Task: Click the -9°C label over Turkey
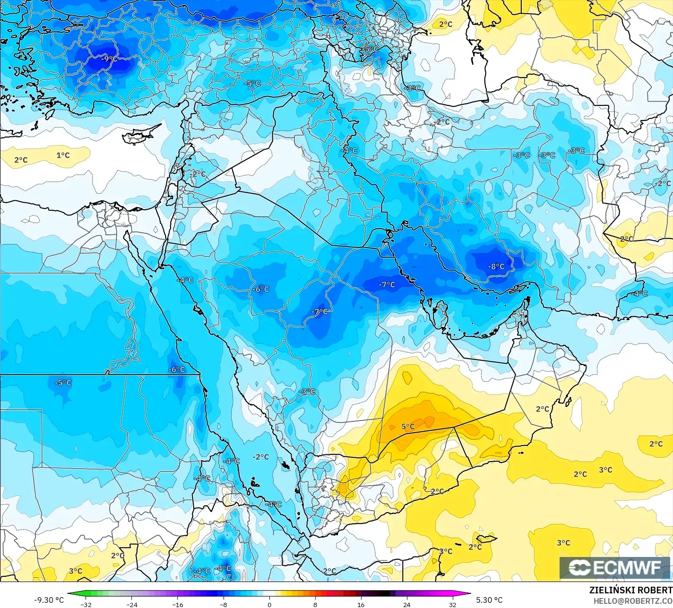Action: coord(109,59)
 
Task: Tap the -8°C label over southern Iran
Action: coord(496,266)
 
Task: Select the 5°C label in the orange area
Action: coord(408,427)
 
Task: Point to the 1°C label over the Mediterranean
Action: coord(63,155)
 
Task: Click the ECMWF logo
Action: coord(615,568)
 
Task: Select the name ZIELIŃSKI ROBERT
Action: coord(630,590)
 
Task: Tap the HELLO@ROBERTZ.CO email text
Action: coord(633,601)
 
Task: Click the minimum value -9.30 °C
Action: coord(49,600)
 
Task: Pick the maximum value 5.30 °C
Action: coord(489,600)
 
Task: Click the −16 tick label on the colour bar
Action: coord(177,604)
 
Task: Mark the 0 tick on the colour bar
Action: coord(269,604)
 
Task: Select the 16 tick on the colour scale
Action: coord(361,604)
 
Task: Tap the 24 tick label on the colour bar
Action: coord(407,604)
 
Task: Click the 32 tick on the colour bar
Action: coord(453,604)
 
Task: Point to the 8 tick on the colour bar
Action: coord(315,604)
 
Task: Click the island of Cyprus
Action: coord(138,136)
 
